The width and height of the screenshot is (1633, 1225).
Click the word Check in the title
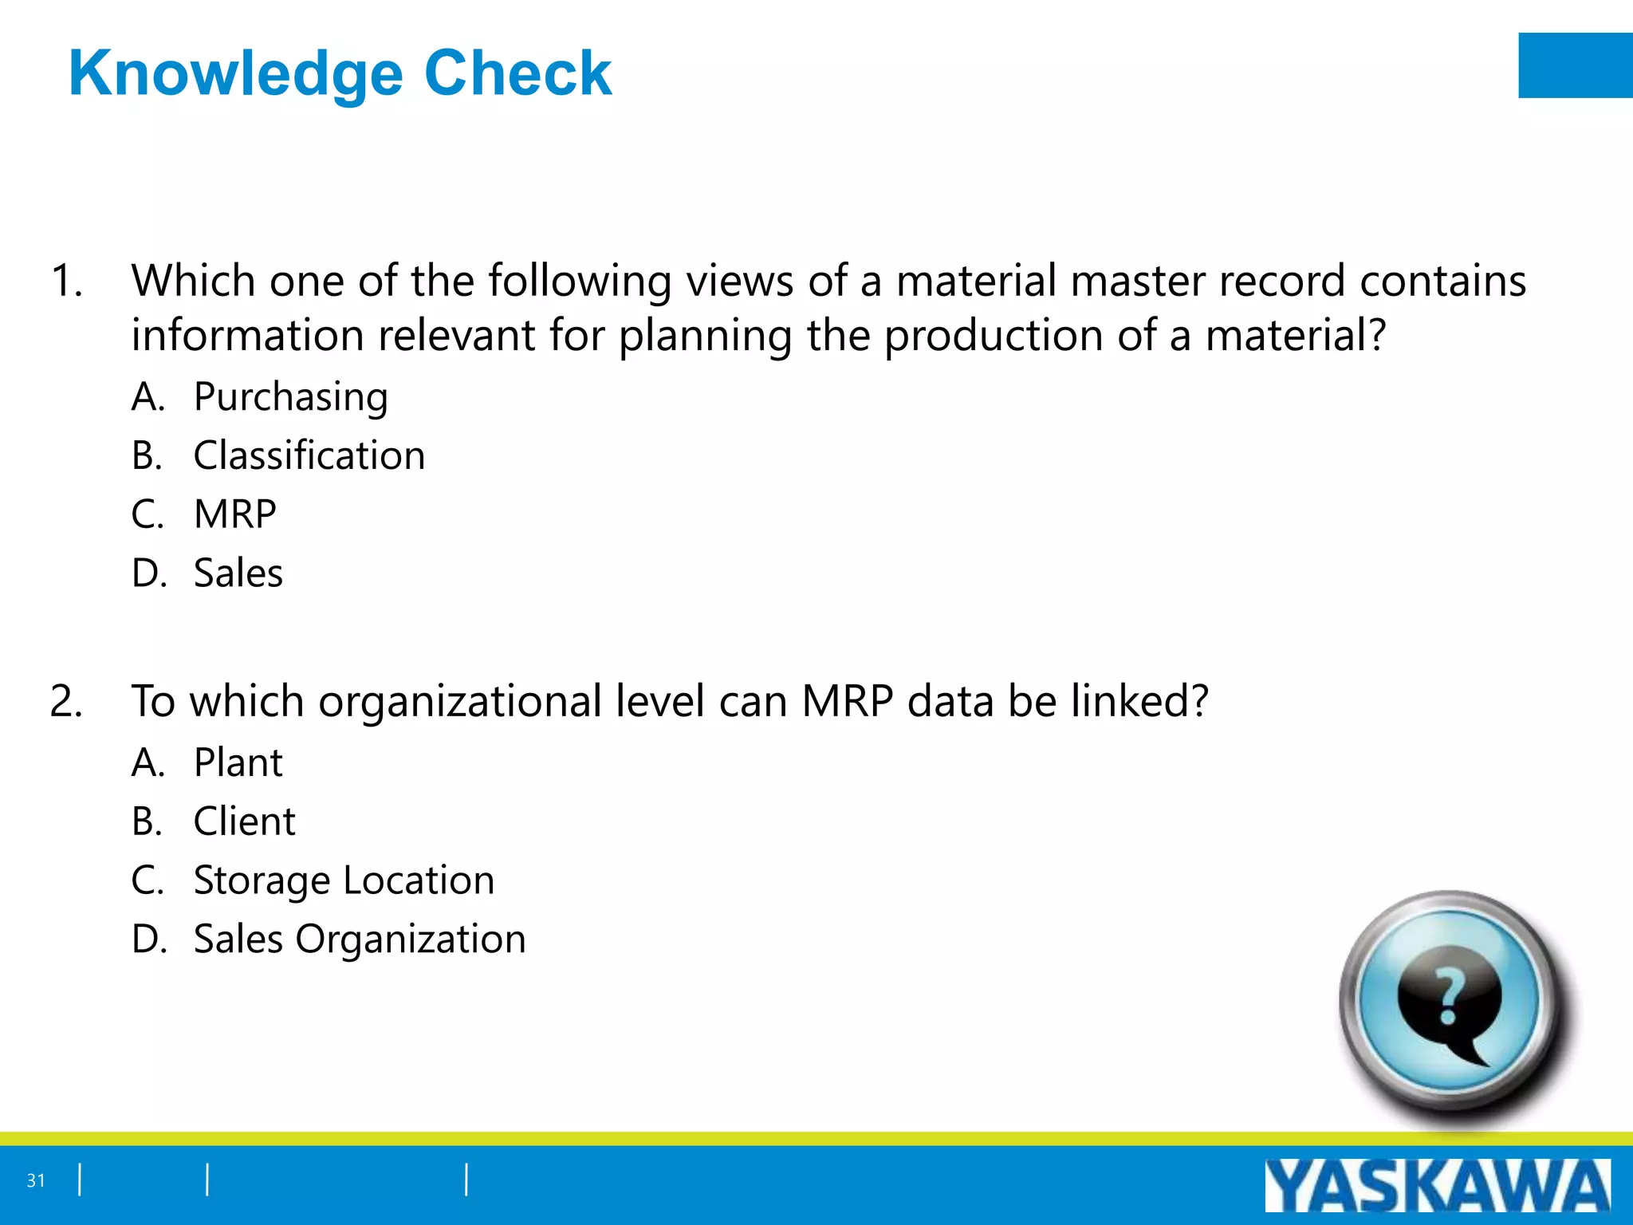point(518,73)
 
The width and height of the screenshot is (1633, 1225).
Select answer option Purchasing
point(290,397)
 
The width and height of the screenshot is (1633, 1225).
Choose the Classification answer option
point(309,456)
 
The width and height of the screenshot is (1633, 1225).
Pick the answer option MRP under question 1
point(234,514)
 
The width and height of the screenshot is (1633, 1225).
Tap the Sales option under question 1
point(238,573)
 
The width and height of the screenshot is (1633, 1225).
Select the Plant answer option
point(238,763)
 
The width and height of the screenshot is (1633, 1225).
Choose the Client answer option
point(244,822)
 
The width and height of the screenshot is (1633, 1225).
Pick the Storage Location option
point(344,881)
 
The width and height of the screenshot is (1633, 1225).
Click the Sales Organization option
point(360,939)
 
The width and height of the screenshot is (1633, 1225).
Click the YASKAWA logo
point(1437,1186)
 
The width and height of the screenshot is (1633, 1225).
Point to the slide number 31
point(36,1180)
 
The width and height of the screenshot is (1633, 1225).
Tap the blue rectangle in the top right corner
point(1575,65)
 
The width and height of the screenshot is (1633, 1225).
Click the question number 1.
point(66,282)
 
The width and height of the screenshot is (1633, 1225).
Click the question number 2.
point(66,703)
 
